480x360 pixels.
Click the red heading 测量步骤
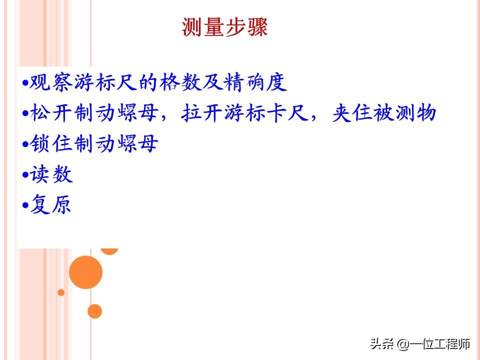coord(225,27)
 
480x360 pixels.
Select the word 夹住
coord(347,113)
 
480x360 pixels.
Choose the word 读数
coord(51,174)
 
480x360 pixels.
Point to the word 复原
coord(51,205)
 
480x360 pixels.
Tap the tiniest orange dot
coord(61,292)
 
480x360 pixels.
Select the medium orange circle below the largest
coord(94,311)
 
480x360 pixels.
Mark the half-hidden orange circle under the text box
coord(109,250)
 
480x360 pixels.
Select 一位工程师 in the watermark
coord(440,344)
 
